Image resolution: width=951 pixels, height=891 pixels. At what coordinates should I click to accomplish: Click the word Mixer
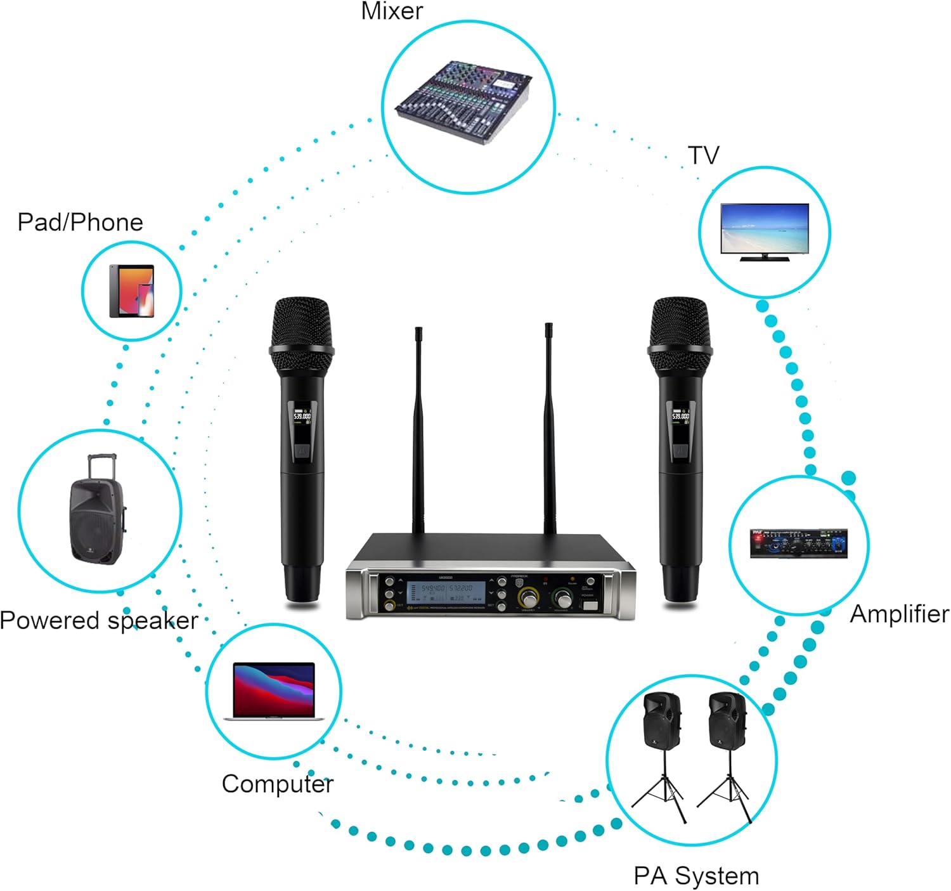pyautogui.click(x=391, y=11)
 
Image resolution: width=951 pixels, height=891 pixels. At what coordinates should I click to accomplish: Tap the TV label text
pyautogui.click(x=704, y=155)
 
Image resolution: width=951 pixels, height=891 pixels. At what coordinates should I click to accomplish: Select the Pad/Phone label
pyautogui.click(x=80, y=223)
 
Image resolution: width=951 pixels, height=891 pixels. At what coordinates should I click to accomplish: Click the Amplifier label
pyautogui.click(x=899, y=614)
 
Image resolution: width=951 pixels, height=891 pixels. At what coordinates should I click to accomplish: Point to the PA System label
pyautogui.click(x=696, y=876)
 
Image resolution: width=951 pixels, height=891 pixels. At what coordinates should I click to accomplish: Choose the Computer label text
pyautogui.click(x=277, y=784)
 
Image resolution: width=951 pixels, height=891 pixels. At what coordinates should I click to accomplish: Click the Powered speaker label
pyautogui.click(x=99, y=620)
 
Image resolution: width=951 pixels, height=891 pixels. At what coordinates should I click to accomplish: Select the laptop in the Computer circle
pyautogui.click(x=274, y=691)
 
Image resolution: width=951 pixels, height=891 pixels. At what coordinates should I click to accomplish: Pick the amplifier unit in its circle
pyautogui.click(x=799, y=543)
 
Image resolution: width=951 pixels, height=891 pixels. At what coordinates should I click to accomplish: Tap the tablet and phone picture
pyautogui.click(x=132, y=291)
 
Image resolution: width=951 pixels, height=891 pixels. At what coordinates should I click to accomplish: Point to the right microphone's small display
pyautogui.click(x=680, y=416)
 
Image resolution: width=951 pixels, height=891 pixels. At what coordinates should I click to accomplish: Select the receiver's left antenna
pyautogui.click(x=418, y=431)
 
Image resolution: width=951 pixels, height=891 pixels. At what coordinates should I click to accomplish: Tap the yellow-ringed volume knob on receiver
pyautogui.click(x=527, y=598)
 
